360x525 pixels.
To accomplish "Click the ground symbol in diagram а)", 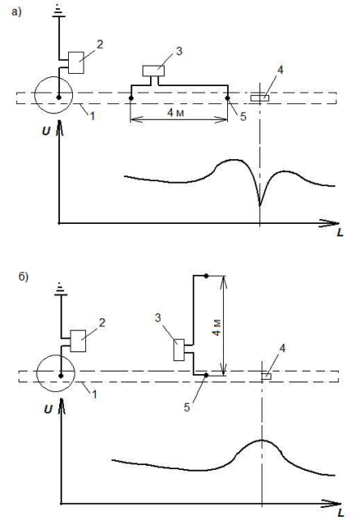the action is point(58,11).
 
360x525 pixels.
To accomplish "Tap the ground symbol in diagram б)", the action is point(61,289).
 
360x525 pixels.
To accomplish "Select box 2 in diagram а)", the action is point(76,62).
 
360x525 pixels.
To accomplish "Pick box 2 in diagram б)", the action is point(78,341).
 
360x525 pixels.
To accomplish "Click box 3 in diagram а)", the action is point(153,71).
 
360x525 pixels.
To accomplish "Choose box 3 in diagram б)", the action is point(179,350).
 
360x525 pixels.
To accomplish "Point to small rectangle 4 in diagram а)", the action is point(260,98).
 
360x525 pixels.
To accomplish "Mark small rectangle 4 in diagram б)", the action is point(267,377).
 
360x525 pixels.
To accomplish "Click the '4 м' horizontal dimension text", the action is point(175,113).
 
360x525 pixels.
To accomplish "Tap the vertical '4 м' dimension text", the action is point(216,327).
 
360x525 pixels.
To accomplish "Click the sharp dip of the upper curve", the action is point(260,205).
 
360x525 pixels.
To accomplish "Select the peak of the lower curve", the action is point(262,441).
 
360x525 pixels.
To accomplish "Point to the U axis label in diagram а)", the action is point(46,131).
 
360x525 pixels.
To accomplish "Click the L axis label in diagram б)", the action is point(340,513).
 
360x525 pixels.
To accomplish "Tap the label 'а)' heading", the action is point(16,12).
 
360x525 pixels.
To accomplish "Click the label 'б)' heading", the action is point(24,277).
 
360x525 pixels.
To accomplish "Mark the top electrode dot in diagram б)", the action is point(207,276).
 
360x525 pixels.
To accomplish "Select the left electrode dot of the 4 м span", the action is point(131,98).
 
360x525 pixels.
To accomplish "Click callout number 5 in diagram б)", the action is point(187,407).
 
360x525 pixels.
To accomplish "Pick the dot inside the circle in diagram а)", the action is point(59,98).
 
